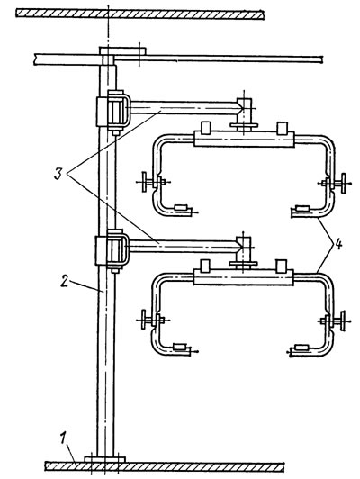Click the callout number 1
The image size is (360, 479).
[62, 440]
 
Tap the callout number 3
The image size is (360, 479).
[58, 174]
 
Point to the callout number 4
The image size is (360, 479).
[337, 245]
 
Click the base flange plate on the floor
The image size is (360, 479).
[104, 459]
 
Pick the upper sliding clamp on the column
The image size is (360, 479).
[113, 113]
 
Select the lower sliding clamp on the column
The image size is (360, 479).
[112, 251]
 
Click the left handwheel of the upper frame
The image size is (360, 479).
[144, 183]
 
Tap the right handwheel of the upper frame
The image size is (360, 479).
[344, 184]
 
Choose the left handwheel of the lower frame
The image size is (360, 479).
[144, 320]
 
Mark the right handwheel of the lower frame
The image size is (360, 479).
[343, 321]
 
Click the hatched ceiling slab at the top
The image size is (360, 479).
[139, 14]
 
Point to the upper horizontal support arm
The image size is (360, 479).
[184, 107]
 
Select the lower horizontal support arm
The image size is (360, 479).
[184, 246]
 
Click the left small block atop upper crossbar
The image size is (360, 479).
[206, 127]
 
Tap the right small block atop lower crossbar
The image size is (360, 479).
[281, 265]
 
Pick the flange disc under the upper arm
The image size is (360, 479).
[244, 125]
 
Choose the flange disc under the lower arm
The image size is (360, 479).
[243, 264]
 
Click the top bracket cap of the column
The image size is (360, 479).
[122, 51]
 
